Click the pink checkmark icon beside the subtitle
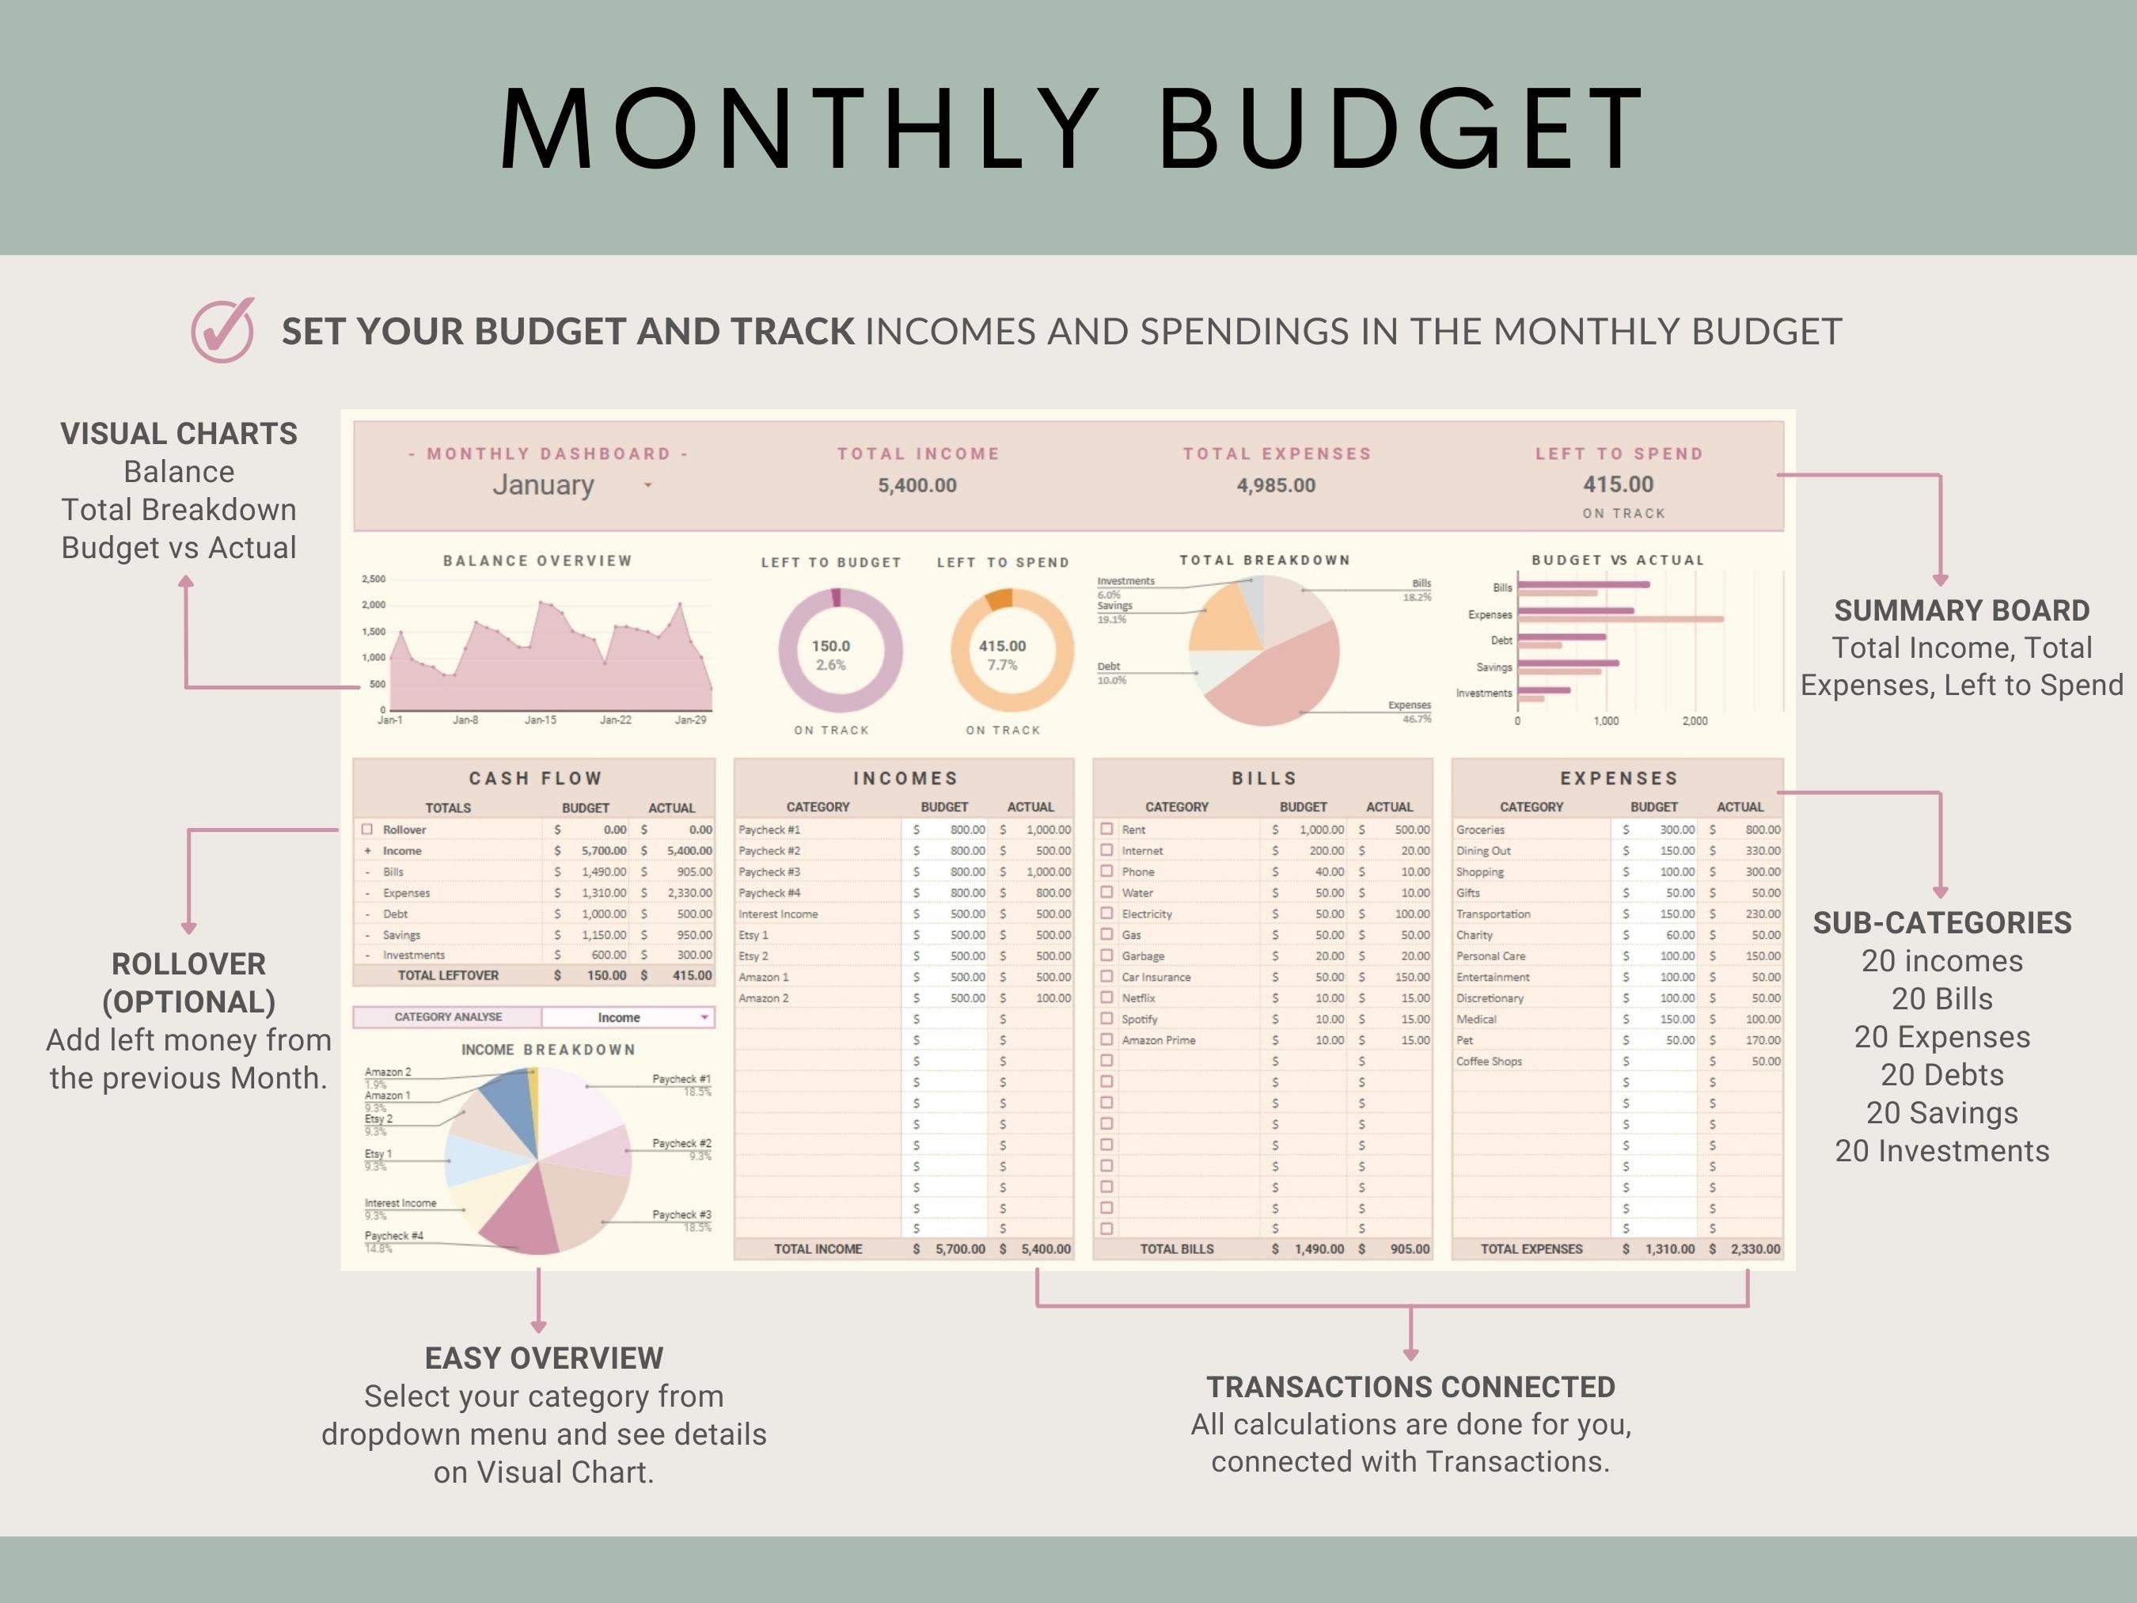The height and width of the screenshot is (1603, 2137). click(222, 330)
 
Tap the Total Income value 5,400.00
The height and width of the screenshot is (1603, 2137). click(917, 485)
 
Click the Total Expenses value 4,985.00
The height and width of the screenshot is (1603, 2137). click(1275, 485)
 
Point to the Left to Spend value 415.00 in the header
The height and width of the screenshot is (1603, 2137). click(1619, 484)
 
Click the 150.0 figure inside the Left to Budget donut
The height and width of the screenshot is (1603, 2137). click(831, 645)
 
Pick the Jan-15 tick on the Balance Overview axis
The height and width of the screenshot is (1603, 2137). click(540, 720)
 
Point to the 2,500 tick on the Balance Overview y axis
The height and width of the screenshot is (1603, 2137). click(374, 579)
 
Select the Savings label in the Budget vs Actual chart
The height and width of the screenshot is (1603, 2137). click(1494, 667)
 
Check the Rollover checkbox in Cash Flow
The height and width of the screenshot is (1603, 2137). click(367, 829)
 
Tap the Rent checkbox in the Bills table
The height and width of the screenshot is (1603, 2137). click(1107, 829)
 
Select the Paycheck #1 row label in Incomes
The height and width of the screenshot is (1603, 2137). click(769, 829)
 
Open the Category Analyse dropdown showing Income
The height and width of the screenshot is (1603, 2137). click(628, 1017)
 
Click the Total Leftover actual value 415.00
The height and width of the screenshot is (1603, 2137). click(692, 975)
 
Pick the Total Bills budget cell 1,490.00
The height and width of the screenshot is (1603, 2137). click(1319, 1248)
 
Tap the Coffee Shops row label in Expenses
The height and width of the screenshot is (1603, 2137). click(1489, 1061)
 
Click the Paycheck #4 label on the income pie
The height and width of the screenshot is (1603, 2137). click(393, 1236)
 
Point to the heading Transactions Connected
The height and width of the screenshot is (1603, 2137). click(1410, 1387)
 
